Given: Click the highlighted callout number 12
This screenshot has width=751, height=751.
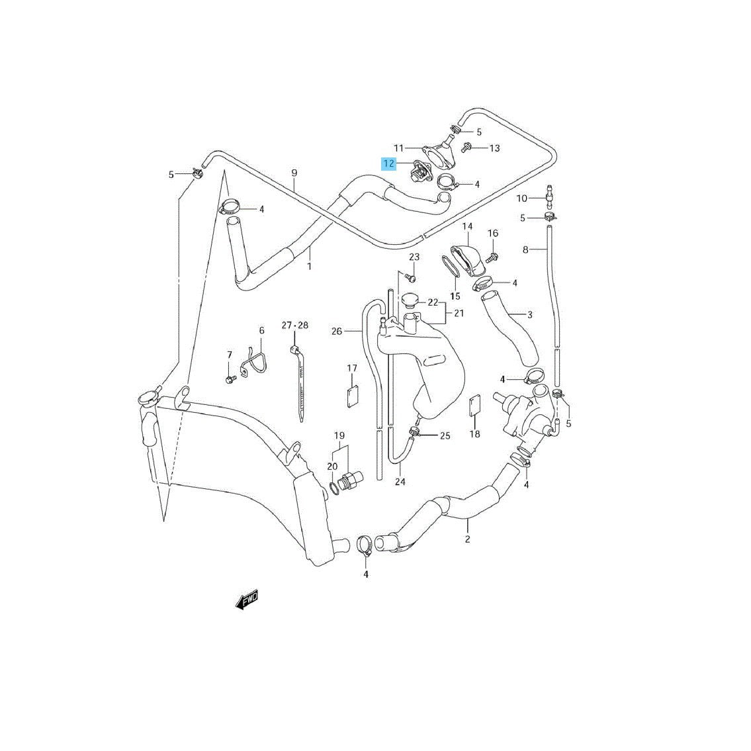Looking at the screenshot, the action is point(388,164).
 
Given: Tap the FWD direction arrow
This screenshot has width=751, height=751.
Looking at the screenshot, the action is point(247,599).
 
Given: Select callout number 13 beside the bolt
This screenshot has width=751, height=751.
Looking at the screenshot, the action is point(494,148).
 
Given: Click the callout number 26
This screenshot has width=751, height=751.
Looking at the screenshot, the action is point(337,331).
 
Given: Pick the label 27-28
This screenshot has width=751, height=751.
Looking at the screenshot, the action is point(295,325).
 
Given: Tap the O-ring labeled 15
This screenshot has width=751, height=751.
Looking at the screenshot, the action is point(452,266).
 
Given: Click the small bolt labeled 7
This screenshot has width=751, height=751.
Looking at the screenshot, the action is point(230,380).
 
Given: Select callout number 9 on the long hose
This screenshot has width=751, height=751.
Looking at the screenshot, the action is point(294,173).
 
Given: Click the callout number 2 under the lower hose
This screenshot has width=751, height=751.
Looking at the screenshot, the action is point(467,539).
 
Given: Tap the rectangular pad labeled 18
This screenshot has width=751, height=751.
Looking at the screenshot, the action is point(474,406).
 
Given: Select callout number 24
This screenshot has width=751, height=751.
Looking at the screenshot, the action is point(400,481).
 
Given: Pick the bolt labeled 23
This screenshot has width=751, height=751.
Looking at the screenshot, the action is point(410,277).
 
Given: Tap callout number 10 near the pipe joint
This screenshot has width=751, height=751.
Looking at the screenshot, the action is point(521,199).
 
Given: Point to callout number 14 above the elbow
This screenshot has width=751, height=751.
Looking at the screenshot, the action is point(467,226).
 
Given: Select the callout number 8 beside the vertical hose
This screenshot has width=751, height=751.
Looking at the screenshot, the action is point(525,249).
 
